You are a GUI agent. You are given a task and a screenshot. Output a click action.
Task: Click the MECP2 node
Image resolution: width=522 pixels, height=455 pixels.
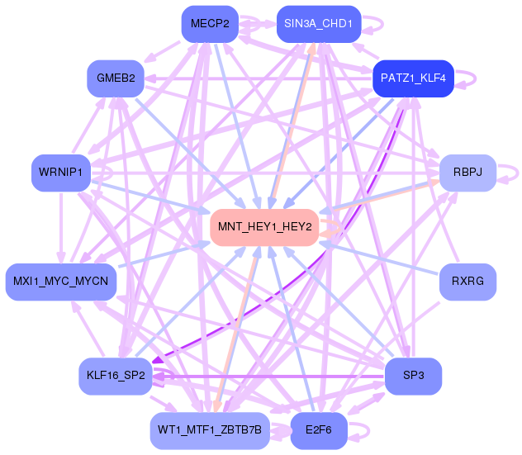[x=210, y=24]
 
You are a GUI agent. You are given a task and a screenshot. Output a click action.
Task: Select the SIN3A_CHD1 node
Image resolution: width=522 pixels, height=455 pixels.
[x=319, y=24]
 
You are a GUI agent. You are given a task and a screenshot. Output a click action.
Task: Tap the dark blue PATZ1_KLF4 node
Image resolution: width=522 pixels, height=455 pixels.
[x=413, y=78]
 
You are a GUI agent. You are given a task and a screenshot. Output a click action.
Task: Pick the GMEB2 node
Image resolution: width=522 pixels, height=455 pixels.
[x=116, y=78]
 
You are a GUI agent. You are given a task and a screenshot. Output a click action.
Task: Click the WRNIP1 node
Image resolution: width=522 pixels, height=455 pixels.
[x=61, y=173]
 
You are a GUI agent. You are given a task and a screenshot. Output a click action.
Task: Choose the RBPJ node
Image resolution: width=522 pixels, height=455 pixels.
[x=467, y=173]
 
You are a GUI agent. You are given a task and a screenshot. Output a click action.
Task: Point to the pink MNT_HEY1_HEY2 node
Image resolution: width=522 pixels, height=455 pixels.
[x=264, y=227]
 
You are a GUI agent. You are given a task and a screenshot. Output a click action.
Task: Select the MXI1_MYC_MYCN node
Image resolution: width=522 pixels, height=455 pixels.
[x=61, y=282]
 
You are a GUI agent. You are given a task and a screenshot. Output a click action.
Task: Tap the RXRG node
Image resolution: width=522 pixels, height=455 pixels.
[x=467, y=282]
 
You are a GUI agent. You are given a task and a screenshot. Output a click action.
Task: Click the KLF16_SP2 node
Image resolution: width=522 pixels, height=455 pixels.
[x=116, y=376]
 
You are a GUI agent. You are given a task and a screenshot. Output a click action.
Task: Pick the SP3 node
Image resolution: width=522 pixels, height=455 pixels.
[x=413, y=376]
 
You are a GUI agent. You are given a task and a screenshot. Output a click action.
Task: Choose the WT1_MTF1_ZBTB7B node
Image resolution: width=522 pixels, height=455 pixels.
[x=210, y=431]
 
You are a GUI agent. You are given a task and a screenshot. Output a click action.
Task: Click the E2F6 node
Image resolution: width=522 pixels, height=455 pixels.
[x=319, y=431]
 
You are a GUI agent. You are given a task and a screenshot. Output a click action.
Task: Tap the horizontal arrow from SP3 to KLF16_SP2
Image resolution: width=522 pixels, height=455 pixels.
[x=268, y=377]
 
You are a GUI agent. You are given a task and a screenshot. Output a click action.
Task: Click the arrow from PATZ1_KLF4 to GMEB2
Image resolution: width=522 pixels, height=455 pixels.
[x=259, y=79]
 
